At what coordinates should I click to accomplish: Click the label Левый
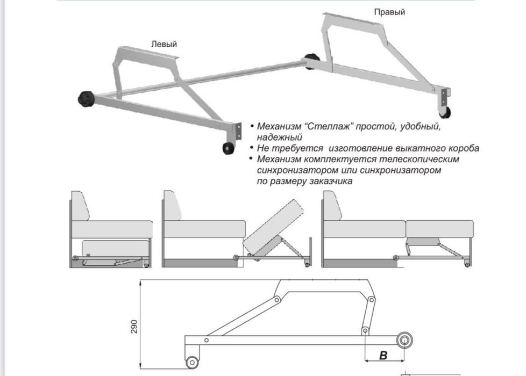(164, 44)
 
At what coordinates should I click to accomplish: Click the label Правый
(389, 12)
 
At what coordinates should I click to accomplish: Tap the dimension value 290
(134, 327)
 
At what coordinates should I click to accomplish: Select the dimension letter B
(383, 355)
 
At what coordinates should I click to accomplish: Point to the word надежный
(280, 138)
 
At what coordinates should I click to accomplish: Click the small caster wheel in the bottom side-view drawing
(192, 362)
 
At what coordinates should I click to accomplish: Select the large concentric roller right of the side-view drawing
(404, 341)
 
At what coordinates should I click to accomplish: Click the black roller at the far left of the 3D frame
(86, 98)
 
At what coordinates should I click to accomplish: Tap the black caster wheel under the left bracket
(229, 148)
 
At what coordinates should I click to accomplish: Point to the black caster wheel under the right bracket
(445, 112)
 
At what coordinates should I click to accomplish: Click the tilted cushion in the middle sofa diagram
(274, 227)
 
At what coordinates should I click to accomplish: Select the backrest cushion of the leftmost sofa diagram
(80, 206)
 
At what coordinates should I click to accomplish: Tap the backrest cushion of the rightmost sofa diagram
(332, 206)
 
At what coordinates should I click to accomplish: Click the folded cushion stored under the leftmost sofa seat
(116, 248)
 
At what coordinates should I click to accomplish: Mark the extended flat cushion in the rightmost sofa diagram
(439, 229)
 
